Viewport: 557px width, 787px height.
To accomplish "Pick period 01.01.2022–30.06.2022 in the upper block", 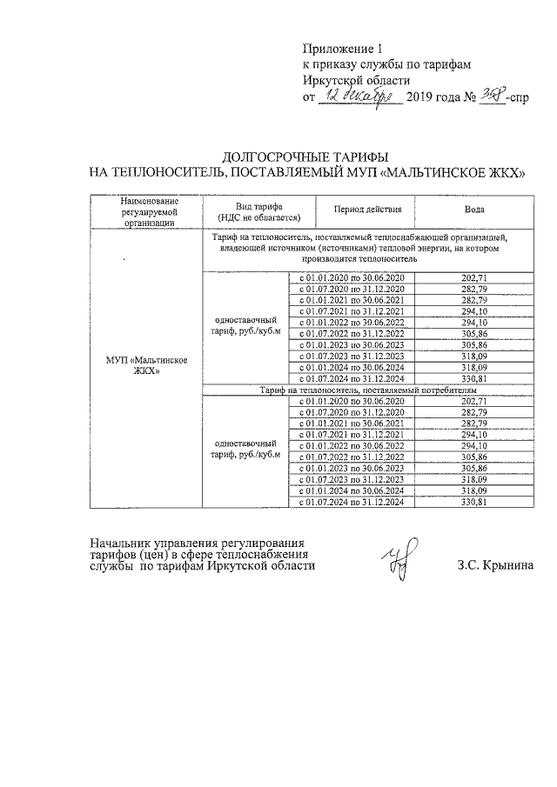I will [352, 323].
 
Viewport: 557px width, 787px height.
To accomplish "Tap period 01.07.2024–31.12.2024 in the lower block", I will [352, 503].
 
